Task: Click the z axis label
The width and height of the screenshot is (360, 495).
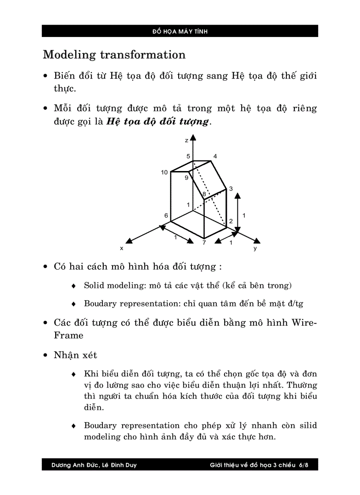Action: [x=187, y=140]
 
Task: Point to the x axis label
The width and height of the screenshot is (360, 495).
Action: [x=121, y=248]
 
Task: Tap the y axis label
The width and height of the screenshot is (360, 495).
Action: [x=255, y=248]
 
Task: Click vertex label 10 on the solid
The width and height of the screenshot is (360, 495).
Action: [x=164, y=172]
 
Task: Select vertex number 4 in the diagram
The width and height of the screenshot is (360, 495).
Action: [x=215, y=156]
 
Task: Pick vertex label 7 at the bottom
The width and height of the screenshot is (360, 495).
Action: [x=204, y=242]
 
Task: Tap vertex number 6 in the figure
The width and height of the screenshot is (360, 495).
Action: [x=166, y=216]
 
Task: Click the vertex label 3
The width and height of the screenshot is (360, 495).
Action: [x=231, y=188]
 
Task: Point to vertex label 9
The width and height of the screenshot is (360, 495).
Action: [x=187, y=178]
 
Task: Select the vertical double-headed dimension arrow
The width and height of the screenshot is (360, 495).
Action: [x=237, y=212]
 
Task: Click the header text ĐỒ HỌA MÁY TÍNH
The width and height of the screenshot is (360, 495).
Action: [x=180, y=31]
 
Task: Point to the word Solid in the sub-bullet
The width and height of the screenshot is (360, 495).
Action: [x=94, y=286]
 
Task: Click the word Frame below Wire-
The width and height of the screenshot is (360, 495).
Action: [x=68, y=335]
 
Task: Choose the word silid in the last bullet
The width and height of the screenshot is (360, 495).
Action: [x=308, y=425]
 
